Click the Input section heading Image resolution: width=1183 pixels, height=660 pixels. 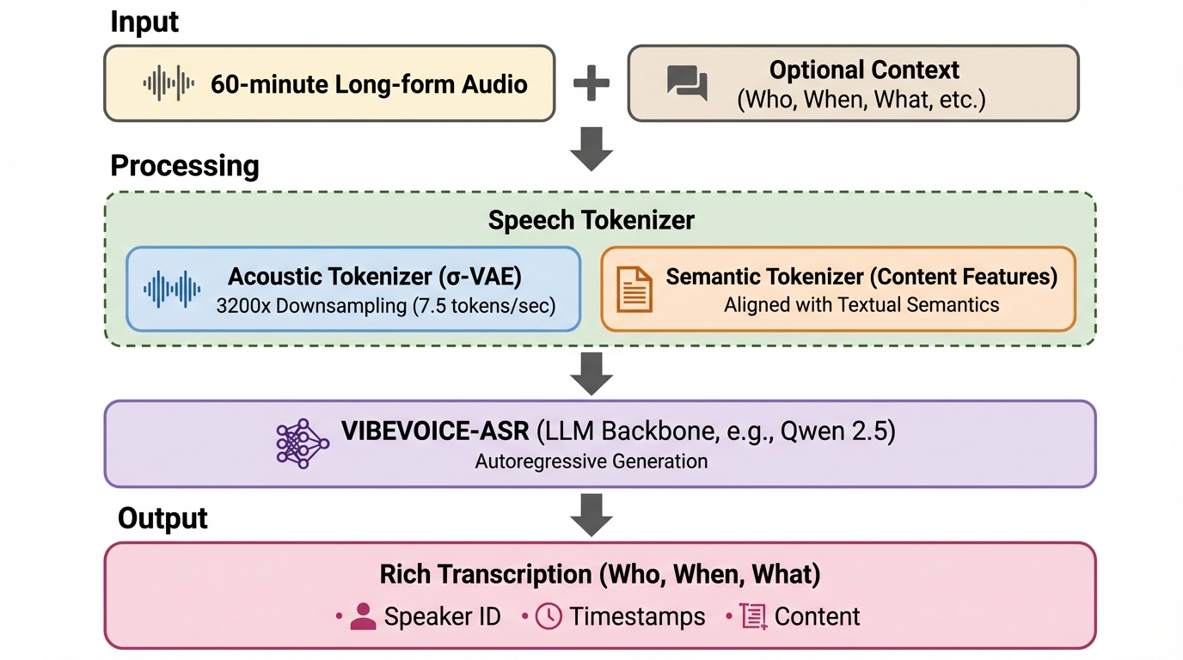[x=144, y=22]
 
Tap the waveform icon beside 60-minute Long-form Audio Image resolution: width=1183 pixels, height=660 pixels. [x=169, y=83]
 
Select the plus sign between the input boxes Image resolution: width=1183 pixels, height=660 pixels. [x=591, y=83]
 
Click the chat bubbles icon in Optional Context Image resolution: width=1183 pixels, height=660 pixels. [x=688, y=83]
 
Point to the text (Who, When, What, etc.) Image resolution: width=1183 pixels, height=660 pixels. [x=861, y=100]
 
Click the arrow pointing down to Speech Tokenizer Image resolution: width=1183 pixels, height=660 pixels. [x=591, y=148]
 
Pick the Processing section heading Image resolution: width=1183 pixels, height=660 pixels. [x=185, y=165]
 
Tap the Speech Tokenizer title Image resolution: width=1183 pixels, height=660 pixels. [x=591, y=220]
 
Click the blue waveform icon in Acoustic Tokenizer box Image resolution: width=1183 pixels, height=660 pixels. [x=172, y=289]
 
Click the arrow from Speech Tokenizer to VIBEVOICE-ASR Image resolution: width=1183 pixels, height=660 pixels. [x=591, y=373]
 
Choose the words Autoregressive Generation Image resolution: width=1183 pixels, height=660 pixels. [x=591, y=461]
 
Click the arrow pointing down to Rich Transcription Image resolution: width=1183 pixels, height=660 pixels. [x=591, y=514]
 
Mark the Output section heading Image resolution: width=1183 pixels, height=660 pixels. [x=162, y=518]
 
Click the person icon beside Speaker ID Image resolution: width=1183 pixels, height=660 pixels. [x=364, y=616]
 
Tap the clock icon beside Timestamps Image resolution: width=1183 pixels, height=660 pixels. [x=549, y=616]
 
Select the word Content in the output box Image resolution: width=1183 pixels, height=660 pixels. [x=817, y=616]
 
